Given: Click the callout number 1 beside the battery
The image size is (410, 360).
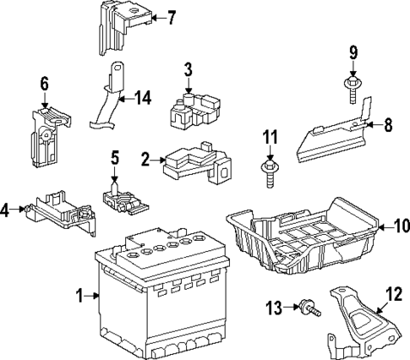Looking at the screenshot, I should pyautogui.click(x=79, y=295).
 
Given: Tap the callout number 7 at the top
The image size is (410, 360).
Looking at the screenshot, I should pyautogui.click(x=171, y=16).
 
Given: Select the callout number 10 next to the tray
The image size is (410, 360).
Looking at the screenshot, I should pyautogui.click(x=399, y=226).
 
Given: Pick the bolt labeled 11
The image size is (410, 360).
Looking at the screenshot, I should pyautogui.click(x=269, y=174).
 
